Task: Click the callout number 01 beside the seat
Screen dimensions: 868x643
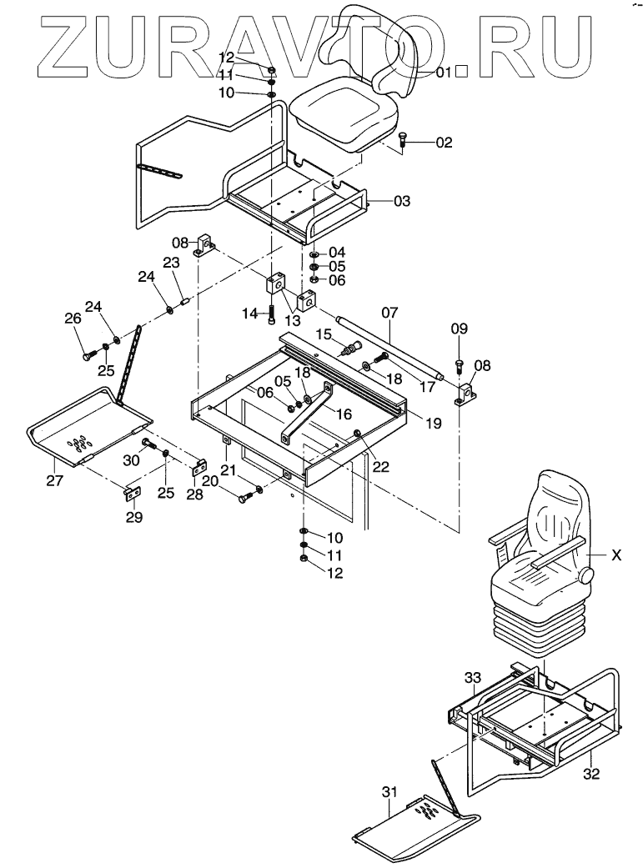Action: tap(443, 73)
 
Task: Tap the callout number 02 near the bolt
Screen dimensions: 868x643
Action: tap(444, 143)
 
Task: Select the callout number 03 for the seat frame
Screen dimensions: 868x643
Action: tap(402, 201)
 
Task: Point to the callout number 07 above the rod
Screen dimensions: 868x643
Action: tap(390, 313)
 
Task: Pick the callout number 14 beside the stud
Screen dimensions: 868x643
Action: tap(249, 313)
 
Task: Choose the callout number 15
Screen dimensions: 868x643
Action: tap(324, 334)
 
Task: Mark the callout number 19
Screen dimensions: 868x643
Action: tap(433, 424)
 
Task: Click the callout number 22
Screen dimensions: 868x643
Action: tap(381, 467)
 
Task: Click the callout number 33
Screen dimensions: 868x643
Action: tap(473, 680)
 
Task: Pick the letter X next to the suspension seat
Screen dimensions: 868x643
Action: tap(615, 554)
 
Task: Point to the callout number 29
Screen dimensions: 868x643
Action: tap(133, 517)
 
